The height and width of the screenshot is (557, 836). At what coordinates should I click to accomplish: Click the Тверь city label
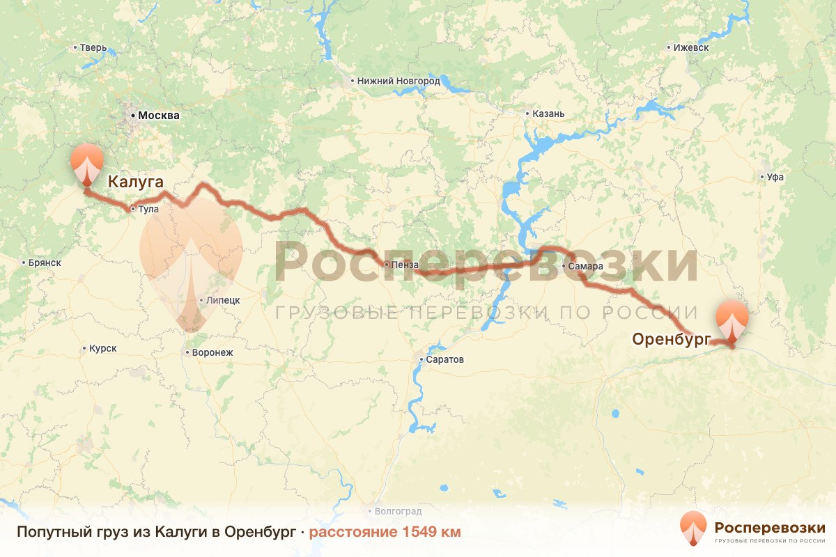tap(93, 48)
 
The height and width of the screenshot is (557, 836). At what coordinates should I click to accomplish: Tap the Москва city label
tap(158, 116)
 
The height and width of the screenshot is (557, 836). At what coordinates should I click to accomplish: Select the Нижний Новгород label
tap(398, 81)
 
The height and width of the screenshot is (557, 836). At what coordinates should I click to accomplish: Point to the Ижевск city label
tap(691, 48)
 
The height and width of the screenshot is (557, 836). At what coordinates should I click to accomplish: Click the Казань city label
tap(548, 113)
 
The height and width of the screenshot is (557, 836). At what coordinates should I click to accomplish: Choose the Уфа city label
tap(775, 177)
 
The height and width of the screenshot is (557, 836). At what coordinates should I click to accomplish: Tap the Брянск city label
tap(45, 263)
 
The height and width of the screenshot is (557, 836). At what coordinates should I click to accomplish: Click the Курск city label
tap(102, 348)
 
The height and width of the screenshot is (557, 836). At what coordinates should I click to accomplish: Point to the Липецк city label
tap(223, 300)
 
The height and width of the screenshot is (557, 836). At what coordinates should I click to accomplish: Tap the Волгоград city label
tap(398, 511)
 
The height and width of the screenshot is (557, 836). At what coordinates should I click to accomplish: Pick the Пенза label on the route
tap(405, 265)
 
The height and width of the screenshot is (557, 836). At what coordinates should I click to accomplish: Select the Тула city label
tap(148, 209)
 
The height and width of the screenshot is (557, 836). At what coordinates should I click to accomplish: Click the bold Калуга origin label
tap(135, 182)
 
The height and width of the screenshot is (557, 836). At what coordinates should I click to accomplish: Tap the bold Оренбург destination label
tap(671, 339)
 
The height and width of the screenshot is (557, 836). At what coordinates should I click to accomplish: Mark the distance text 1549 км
tap(385, 532)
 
